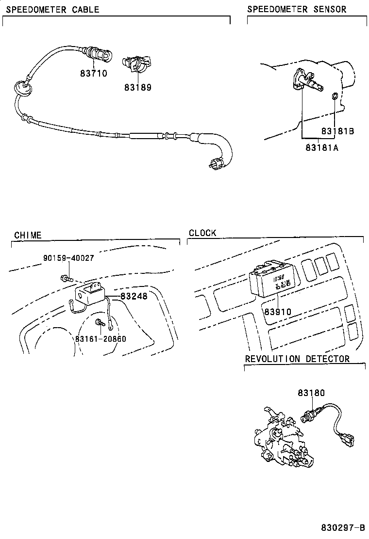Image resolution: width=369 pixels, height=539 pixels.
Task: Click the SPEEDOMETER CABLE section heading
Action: point(52,9)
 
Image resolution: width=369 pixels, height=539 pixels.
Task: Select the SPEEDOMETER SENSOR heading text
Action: point(297,9)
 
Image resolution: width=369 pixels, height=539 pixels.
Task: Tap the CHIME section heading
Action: point(28,235)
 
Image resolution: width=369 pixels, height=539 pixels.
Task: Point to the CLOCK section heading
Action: point(202,233)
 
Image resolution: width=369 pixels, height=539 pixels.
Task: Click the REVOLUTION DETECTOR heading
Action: point(297,359)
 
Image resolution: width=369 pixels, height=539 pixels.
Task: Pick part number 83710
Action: point(93,74)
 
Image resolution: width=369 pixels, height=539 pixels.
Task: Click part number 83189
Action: point(137,88)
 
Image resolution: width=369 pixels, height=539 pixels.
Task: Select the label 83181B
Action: point(337,131)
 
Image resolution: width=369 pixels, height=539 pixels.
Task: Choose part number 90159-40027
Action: point(68,258)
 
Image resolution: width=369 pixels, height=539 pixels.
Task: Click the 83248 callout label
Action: point(134,296)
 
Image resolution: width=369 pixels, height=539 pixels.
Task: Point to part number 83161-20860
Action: point(101,338)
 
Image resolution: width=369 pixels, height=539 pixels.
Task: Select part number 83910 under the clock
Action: point(278,312)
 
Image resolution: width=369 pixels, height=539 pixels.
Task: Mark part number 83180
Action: point(311,393)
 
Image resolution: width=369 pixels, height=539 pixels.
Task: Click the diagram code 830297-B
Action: point(342,527)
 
